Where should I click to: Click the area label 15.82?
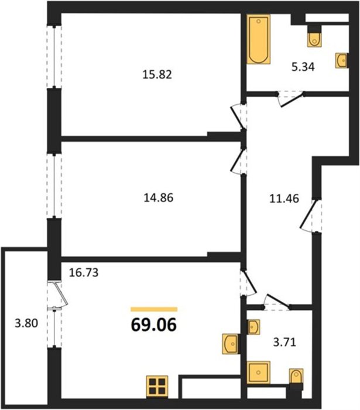[157, 75]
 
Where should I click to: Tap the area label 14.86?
[159, 198]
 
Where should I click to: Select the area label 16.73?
[84, 272]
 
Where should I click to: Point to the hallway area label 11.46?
[284, 199]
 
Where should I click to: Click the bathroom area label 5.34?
[303, 67]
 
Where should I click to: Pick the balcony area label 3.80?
[26, 323]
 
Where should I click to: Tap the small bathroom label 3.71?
[284, 342]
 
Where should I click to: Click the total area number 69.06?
[154, 325]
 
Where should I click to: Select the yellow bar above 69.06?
[154, 309]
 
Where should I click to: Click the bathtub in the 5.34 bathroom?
[258, 39]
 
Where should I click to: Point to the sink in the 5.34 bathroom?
[342, 61]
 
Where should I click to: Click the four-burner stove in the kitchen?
[157, 387]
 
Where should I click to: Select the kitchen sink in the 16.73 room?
[230, 344]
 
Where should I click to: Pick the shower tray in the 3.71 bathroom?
[258, 373]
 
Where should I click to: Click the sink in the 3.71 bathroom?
[253, 327]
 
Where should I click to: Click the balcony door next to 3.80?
[58, 295]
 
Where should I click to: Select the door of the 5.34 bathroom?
[291, 98]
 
